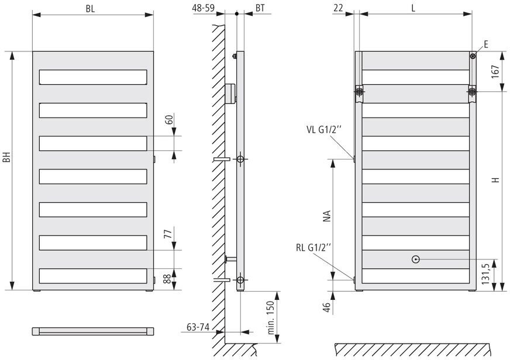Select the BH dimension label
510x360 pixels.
[x=6, y=158]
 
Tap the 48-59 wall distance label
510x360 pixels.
[x=202, y=8]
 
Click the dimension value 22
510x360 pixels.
[x=337, y=8]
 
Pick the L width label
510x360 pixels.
[x=413, y=8]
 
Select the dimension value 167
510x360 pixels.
[x=495, y=71]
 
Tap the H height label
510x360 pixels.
[x=495, y=181]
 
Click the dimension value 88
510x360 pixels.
[x=166, y=279]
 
